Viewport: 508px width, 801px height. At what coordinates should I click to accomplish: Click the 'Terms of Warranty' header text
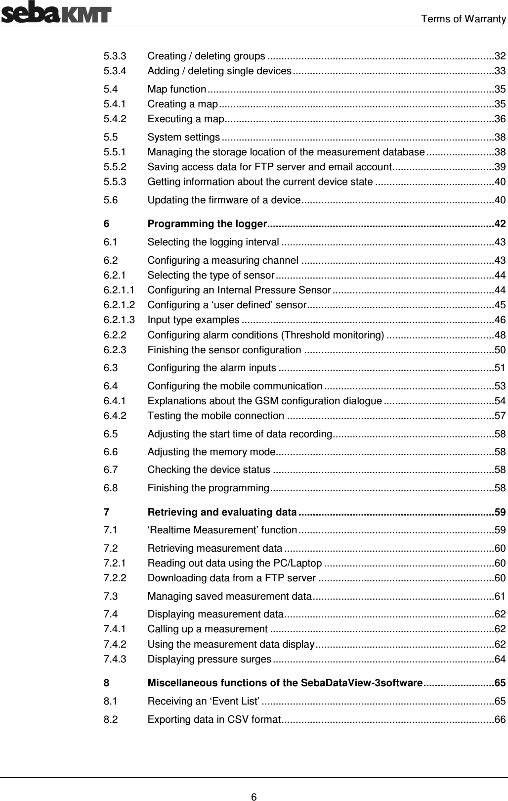point(463,19)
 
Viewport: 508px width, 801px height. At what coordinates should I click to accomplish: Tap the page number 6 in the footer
point(254,783)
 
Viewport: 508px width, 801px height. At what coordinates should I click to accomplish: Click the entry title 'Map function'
point(177,90)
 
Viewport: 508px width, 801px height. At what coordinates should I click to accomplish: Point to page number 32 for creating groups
point(500,55)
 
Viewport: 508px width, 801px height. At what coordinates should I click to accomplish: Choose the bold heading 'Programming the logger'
point(208,224)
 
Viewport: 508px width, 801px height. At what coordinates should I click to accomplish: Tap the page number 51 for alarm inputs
point(500,368)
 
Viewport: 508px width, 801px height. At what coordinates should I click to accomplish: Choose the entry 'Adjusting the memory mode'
point(211,452)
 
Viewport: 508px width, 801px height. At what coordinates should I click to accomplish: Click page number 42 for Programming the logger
point(500,224)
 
